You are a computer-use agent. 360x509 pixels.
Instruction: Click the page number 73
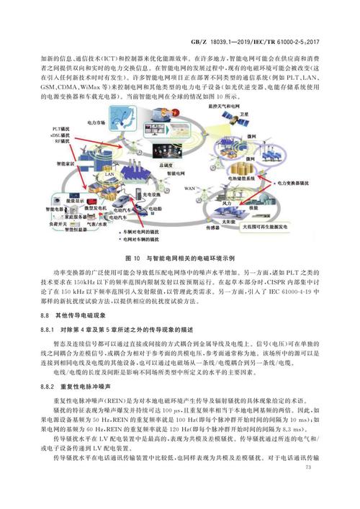point(309,487)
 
